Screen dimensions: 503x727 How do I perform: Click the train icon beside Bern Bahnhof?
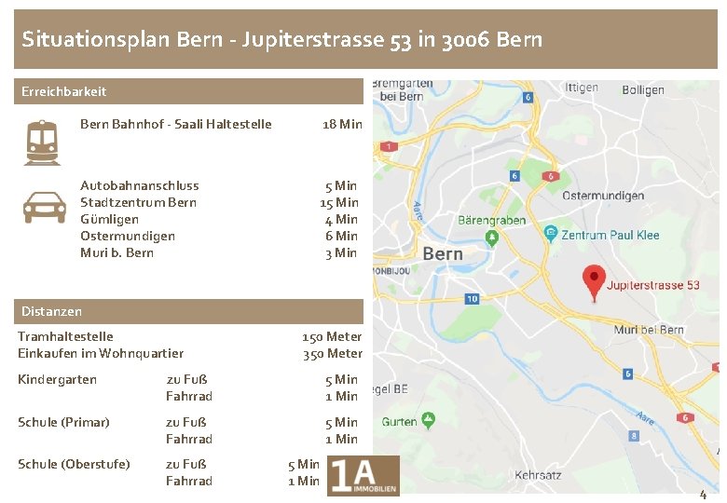pyautogui.click(x=43, y=142)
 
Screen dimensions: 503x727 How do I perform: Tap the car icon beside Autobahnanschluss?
pyautogui.click(x=43, y=207)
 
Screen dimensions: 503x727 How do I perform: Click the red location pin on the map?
pyautogui.click(x=594, y=281)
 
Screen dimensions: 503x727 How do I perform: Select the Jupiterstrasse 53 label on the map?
pyautogui.click(x=653, y=285)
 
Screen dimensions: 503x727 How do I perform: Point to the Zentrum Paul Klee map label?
pyautogui.click(x=610, y=235)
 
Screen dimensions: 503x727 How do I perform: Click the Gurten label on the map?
pyautogui.click(x=400, y=422)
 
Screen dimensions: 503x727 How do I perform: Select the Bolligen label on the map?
pyautogui.click(x=643, y=89)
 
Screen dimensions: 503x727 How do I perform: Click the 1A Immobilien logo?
pyautogui.click(x=363, y=475)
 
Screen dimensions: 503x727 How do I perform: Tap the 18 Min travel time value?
pyautogui.click(x=342, y=124)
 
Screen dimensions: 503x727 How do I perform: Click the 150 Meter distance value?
pyautogui.click(x=332, y=336)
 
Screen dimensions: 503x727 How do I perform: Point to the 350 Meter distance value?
pyautogui.click(x=332, y=353)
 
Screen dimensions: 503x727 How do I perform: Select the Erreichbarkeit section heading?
pyautogui.click(x=64, y=91)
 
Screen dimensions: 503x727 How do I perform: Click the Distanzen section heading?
pyautogui.click(x=51, y=311)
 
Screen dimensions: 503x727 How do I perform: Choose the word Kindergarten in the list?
pyautogui.click(x=57, y=379)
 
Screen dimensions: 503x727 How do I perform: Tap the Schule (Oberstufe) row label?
pyautogui.click(x=74, y=464)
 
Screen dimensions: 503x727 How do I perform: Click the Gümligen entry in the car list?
pyautogui.click(x=109, y=219)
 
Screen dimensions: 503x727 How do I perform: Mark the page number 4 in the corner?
pyautogui.click(x=703, y=495)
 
